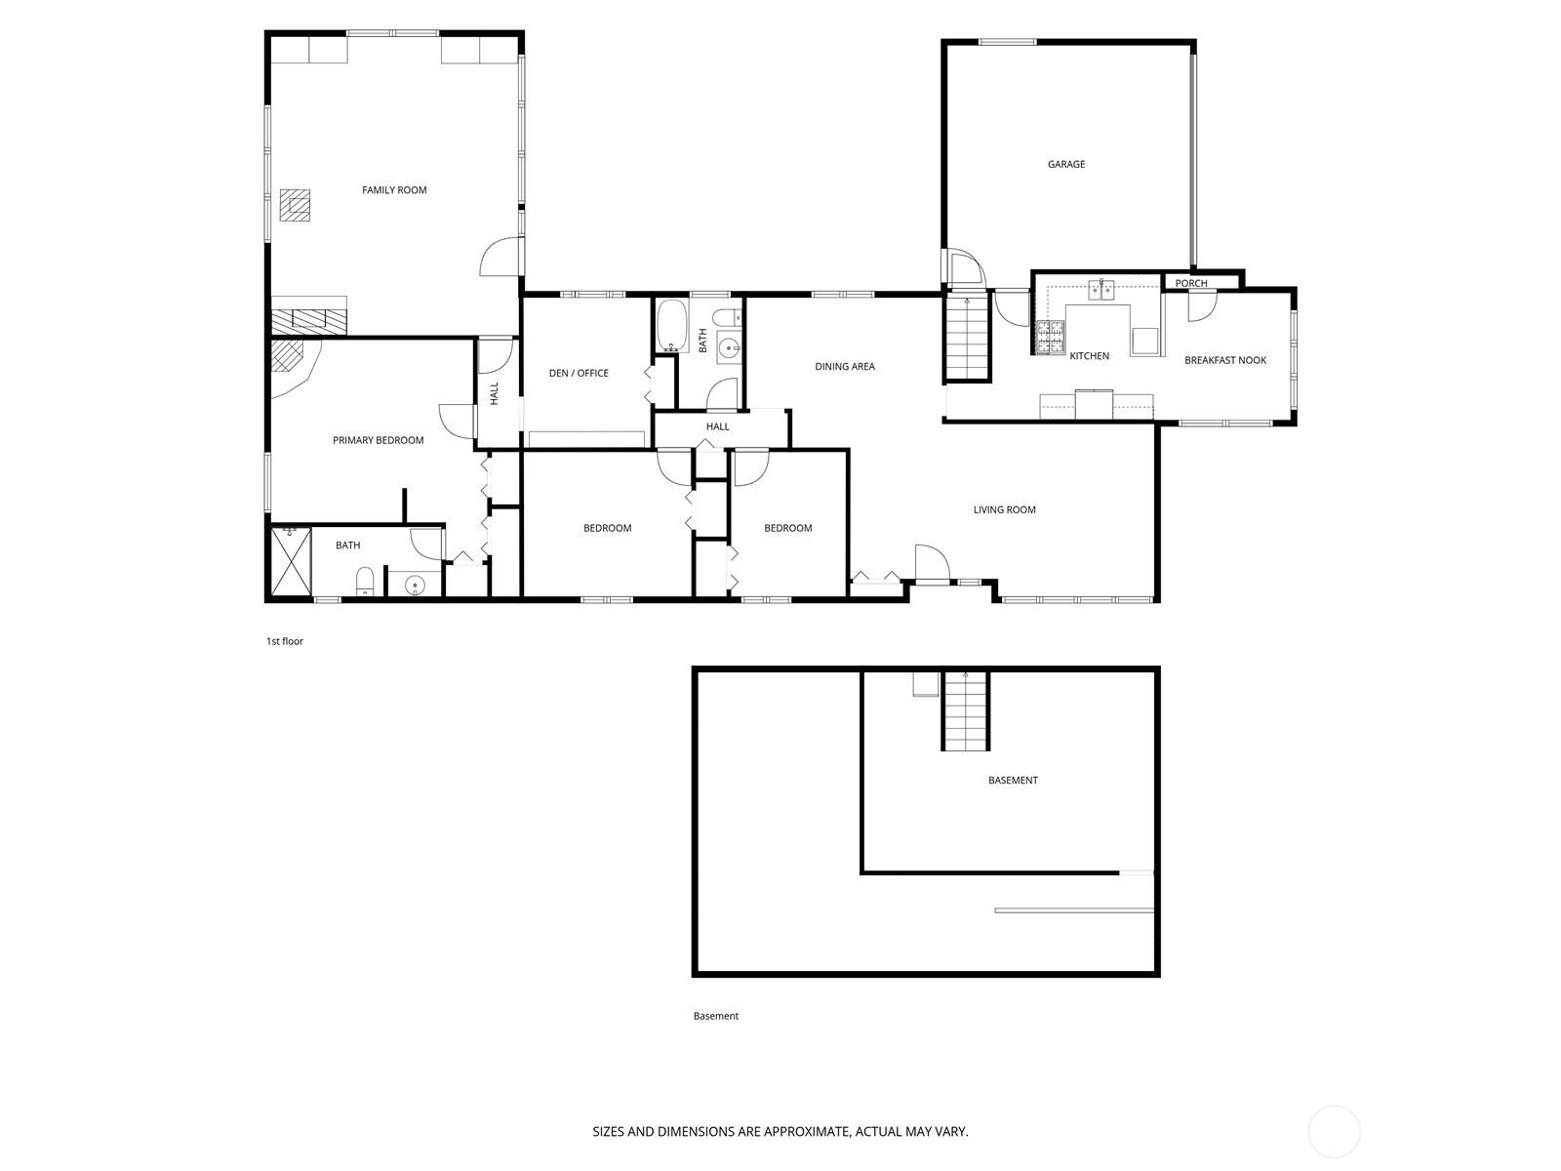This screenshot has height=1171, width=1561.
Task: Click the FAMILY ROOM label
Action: click(x=394, y=190)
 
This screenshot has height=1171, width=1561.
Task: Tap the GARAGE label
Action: click(x=1066, y=165)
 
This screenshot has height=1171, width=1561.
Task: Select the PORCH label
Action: click(x=1191, y=284)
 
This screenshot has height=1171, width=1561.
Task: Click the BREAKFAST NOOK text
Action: click(x=1225, y=360)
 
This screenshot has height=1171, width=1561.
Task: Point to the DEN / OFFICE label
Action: click(x=579, y=373)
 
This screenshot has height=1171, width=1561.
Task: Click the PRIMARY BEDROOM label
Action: click(x=378, y=440)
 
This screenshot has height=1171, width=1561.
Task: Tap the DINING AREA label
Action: click(x=845, y=367)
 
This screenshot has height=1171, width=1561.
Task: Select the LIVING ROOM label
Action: click(x=1004, y=509)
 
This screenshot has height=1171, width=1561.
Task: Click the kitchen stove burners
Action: click(x=1050, y=338)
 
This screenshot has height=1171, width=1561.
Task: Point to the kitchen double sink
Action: click(x=1103, y=288)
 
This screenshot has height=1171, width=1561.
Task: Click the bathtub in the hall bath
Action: click(x=671, y=326)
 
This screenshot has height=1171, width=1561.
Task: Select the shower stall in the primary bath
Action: click(x=291, y=561)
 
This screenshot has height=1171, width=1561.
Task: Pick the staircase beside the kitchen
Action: click(x=967, y=338)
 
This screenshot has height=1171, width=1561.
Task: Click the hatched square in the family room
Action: click(x=296, y=204)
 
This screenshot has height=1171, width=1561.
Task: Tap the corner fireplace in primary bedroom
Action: click(x=291, y=359)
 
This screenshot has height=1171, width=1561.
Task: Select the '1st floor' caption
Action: click(x=285, y=641)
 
